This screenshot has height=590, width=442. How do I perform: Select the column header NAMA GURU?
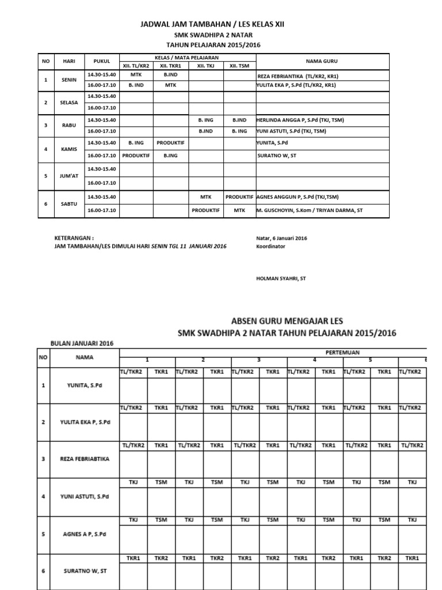click(x=322, y=60)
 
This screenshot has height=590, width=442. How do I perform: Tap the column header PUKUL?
click(x=102, y=60)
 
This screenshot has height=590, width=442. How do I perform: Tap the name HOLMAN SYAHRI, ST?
click(x=281, y=278)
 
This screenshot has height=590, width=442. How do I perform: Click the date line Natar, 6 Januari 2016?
click(x=281, y=238)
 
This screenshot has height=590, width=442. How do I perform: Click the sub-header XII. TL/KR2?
click(x=136, y=66)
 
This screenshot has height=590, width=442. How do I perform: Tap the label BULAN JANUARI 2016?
click(x=82, y=343)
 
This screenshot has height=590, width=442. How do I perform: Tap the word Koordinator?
click(x=270, y=247)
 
